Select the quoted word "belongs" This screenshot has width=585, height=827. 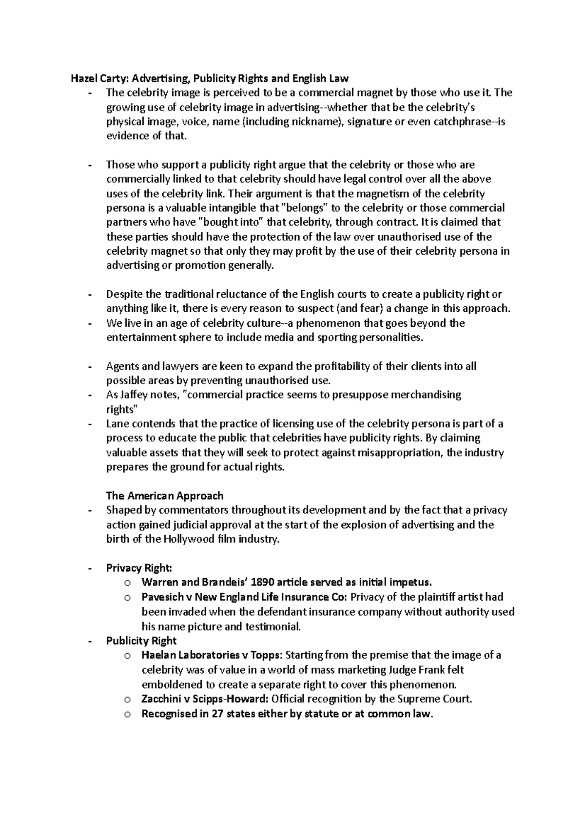pos(305,208)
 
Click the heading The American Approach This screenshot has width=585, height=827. pos(165,496)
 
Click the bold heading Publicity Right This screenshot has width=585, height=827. pos(141,640)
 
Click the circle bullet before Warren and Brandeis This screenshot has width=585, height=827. pos(128,583)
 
